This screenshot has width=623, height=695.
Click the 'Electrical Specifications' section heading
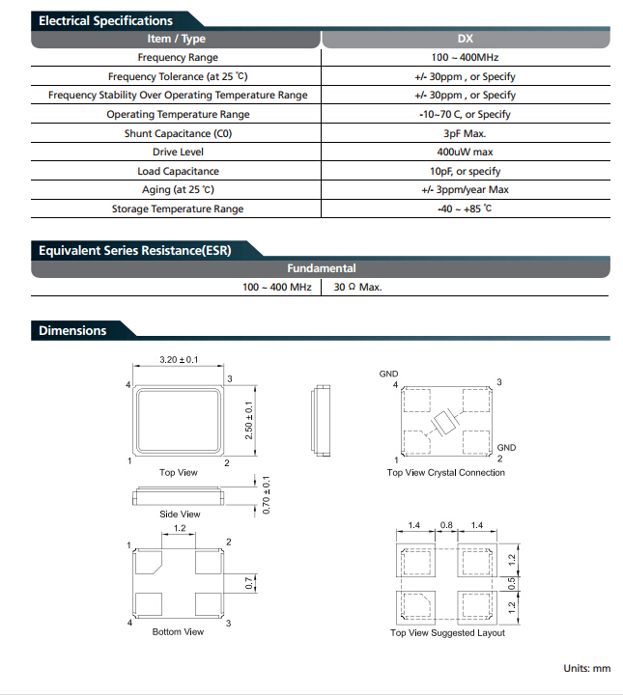[105, 21]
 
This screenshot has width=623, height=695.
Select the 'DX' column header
[466, 39]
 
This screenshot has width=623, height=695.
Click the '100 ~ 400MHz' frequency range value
[465, 57]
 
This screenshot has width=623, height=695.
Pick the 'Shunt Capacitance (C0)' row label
[178, 133]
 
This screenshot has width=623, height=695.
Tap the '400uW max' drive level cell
[465, 153]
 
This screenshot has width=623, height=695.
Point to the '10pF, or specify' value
[465, 171]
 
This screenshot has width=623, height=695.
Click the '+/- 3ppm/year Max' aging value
[465, 190]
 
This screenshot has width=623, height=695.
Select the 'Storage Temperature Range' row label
[178, 208]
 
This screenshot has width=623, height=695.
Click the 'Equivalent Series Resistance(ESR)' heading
[135, 250]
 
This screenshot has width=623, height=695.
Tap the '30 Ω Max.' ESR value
[357, 288]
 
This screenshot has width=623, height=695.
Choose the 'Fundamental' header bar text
[321, 268]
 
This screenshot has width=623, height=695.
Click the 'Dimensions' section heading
[72, 331]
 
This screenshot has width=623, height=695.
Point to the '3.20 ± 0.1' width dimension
[179, 359]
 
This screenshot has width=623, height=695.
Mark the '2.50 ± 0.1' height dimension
[249, 420]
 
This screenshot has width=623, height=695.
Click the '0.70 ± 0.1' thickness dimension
[266, 495]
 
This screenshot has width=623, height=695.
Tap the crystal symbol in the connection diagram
[444, 424]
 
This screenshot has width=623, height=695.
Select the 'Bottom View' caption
[178, 631]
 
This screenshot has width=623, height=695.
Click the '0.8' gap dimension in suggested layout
[446, 525]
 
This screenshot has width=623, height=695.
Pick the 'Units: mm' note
[586, 668]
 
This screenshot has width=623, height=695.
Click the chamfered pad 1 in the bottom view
[148, 562]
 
